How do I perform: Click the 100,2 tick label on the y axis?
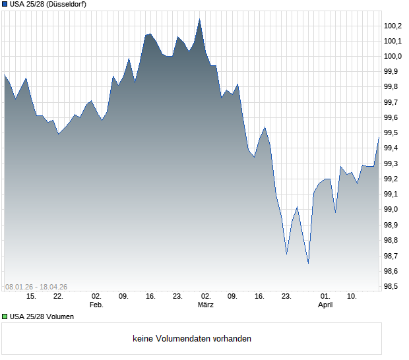point(394,26)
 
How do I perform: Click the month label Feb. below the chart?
point(96,305)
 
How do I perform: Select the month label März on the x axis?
point(206,305)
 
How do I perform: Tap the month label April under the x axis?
point(325,305)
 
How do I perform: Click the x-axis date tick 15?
point(31,297)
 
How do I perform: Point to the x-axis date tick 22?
point(58,297)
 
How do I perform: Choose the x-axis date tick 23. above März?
point(178,297)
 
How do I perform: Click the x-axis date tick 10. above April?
point(353,297)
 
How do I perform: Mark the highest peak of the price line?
point(199,20)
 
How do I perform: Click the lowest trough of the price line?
point(308,262)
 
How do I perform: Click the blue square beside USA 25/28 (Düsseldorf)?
point(5,4)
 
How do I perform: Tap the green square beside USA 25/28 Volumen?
point(5,316)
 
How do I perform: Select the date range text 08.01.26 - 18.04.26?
point(36,287)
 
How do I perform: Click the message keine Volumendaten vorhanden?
point(192,339)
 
